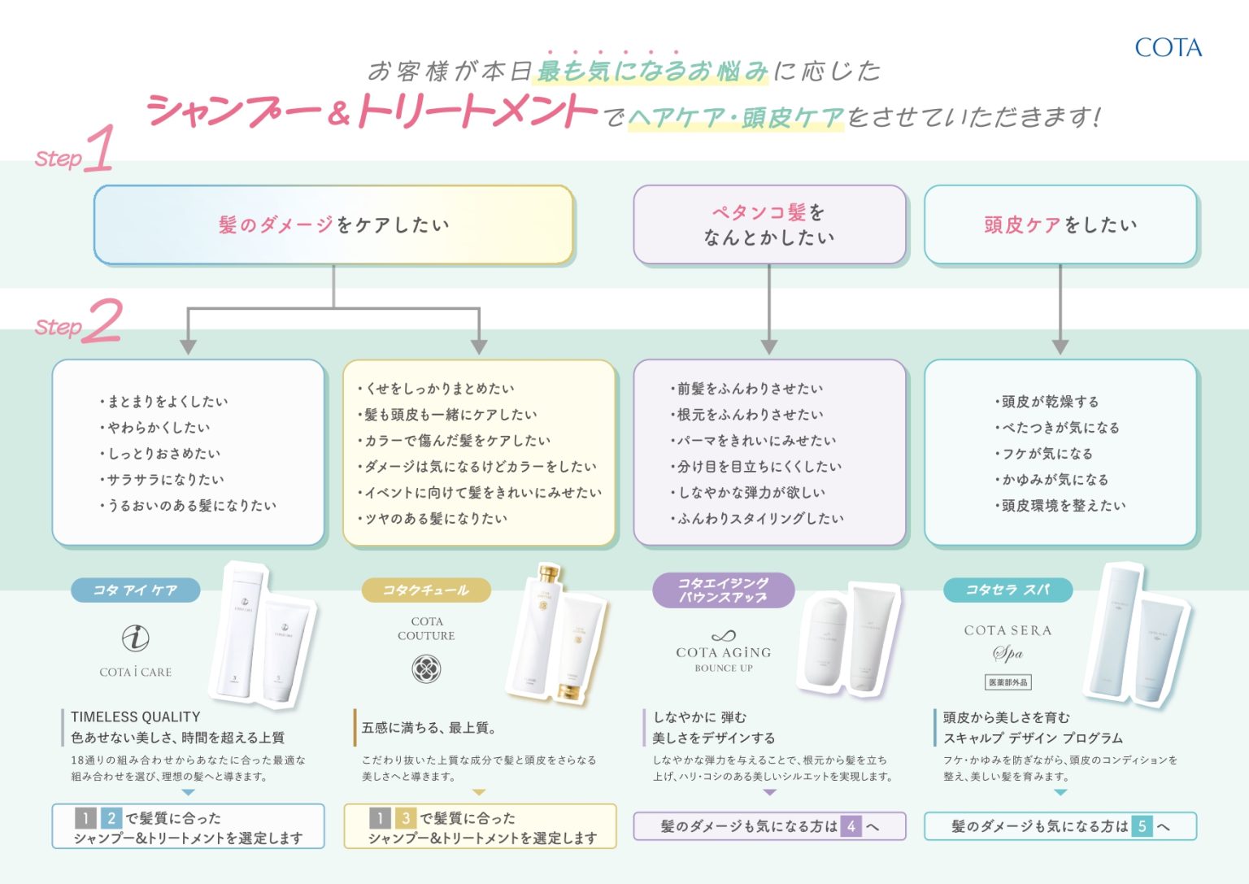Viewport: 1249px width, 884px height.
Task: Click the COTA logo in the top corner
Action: pos(1168,48)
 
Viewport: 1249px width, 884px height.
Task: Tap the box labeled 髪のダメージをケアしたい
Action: pos(333,225)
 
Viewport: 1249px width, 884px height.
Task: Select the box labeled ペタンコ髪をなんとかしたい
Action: pos(768,225)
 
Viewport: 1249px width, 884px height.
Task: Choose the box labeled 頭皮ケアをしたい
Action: pos(1060,225)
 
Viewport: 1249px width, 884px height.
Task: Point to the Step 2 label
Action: pos(79,322)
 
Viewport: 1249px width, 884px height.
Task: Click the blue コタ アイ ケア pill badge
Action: pos(135,590)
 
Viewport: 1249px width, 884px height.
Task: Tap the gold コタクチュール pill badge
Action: pos(425,590)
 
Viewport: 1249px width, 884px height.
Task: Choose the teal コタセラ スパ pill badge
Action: pos(1007,590)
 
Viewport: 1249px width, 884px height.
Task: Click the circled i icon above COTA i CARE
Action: pos(135,638)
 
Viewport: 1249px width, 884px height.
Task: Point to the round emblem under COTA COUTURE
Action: pos(426,669)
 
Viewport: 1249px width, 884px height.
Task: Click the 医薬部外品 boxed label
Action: pos(1008,682)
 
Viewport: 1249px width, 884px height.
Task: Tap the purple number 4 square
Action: pos(851,827)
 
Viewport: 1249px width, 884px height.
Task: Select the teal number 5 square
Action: pos(1142,827)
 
